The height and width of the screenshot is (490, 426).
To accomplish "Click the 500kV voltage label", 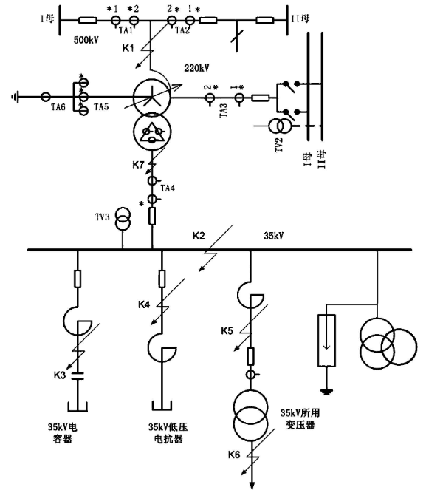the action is coord(86,40).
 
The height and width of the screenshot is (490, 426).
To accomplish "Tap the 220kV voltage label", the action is coord(197,68).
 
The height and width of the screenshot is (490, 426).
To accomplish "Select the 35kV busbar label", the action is coord(274,236).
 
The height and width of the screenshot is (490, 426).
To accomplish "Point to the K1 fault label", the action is coord(128,48).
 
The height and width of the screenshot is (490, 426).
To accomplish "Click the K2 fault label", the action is coord(199,236).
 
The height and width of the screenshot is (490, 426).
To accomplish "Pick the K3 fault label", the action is coord(60,375).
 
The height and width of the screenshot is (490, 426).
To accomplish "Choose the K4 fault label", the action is coord(144,304).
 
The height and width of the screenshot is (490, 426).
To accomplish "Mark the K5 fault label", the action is coord(227,330).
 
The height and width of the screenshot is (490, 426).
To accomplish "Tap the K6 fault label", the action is coord(234,455).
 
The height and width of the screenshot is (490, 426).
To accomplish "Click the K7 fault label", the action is coord(138,165).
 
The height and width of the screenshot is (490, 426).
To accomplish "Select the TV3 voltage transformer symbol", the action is coord(123,219).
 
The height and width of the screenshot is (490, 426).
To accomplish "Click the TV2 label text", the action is coord(279,144).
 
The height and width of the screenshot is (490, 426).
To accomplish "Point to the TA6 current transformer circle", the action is coord(46,97).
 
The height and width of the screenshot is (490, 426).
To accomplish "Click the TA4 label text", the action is coord(168,188).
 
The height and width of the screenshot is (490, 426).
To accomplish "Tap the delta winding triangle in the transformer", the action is coord(152,133).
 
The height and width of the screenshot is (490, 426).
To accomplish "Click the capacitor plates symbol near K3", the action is coord(78,375).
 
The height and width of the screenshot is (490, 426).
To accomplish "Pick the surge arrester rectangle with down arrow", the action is coord(327,340).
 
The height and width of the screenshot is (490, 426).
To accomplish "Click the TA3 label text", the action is coord(224,110).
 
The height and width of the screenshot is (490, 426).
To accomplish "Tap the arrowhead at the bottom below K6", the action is coord(252,485).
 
